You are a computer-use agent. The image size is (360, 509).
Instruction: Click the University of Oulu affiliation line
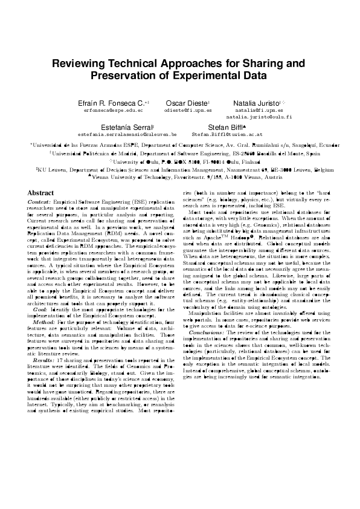point(179,161)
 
